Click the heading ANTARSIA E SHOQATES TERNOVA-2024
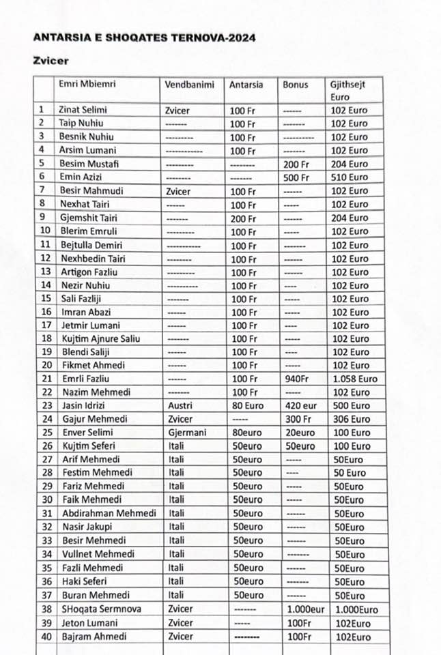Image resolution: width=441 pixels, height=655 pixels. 144,38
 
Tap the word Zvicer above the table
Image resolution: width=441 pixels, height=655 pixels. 51,61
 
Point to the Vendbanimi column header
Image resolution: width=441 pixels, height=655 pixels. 189,85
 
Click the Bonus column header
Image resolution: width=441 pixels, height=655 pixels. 296,85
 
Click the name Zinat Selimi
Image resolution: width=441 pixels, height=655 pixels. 83,110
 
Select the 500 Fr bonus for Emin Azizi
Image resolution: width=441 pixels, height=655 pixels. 296,177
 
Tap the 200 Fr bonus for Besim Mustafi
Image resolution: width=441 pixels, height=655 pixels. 296,164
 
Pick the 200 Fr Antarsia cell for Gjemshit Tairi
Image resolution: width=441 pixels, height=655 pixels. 242,218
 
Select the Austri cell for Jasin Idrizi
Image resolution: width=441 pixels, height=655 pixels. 180,405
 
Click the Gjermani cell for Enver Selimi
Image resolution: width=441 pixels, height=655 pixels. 187,433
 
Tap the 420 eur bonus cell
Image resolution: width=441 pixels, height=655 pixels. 299,405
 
